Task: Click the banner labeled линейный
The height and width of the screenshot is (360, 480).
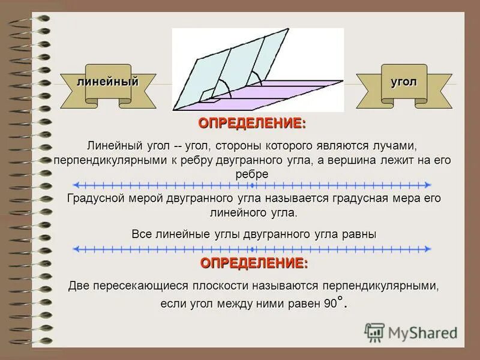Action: click(x=108, y=82)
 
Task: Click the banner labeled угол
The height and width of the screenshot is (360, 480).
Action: click(x=404, y=82)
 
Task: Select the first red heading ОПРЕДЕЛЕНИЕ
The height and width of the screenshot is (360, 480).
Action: click(x=251, y=124)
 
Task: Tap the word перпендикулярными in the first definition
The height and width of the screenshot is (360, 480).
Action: click(x=98, y=161)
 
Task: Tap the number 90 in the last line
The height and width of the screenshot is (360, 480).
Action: click(x=331, y=304)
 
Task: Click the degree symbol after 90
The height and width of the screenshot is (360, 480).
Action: click(x=340, y=298)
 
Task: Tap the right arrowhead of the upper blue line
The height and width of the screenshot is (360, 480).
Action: click(x=428, y=185)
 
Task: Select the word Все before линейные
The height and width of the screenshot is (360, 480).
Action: click(x=142, y=235)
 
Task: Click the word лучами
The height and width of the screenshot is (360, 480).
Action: click(x=395, y=146)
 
